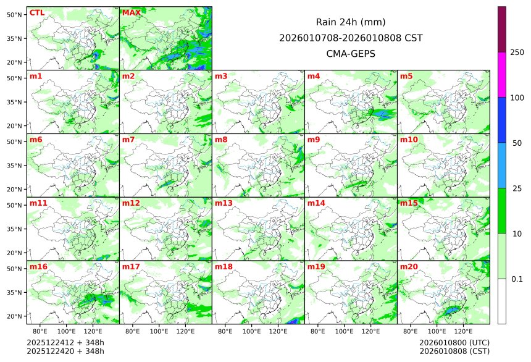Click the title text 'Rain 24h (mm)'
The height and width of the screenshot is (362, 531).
point(351,22)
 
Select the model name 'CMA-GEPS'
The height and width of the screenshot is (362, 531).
point(351,54)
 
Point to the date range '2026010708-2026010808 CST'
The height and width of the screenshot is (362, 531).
point(351,38)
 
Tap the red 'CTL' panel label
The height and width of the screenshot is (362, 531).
point(37,13)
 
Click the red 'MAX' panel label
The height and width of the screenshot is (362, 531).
point(131,13)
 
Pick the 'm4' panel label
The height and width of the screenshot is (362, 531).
point(314,77)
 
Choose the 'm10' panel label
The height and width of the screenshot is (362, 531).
point(409,140)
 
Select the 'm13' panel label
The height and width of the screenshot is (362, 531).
point(224,203)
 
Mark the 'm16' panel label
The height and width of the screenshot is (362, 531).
point(38,267)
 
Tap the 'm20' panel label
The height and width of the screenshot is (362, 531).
point(409,267)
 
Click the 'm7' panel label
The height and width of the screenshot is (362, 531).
point(128,140)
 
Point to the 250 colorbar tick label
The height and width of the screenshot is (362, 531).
point(517,53)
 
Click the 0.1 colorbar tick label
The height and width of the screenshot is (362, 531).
point(517,279)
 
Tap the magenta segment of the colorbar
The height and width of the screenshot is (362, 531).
point(502,74)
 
